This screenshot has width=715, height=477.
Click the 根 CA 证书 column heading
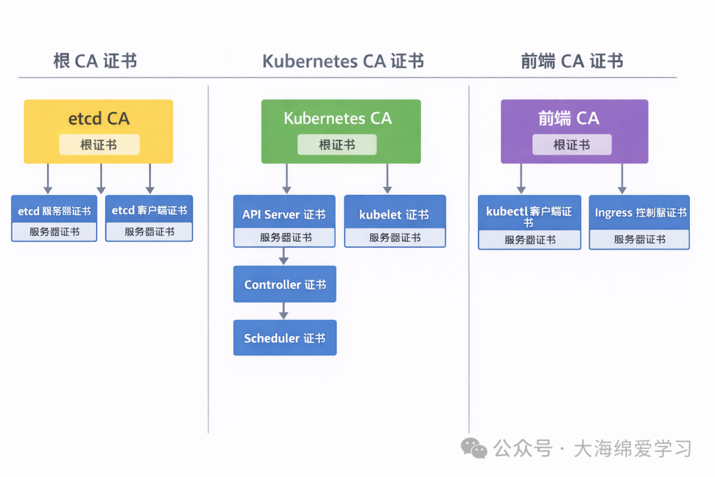[95, 62]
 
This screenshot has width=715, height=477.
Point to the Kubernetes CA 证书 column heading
[343, 62]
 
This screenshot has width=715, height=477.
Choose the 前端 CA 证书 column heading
[572, 62]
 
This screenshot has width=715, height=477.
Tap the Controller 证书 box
[285, 284]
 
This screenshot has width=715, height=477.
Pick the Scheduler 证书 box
[285, 338]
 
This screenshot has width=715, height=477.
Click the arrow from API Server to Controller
[284, 256]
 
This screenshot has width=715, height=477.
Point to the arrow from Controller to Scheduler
[284, 311]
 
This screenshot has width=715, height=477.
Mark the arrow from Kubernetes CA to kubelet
[387, 179]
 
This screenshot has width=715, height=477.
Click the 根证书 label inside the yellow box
[99, 144]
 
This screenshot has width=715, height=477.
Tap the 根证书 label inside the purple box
[572, 144]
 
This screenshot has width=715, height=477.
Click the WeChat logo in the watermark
[474, 448]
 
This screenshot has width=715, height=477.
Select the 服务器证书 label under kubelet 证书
[395, 238]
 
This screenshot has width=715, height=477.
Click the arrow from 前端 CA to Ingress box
[622, 179]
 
